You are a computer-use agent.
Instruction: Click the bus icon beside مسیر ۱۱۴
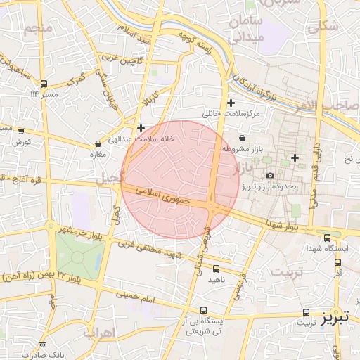[44, 83]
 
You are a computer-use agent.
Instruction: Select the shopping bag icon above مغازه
[98, 144]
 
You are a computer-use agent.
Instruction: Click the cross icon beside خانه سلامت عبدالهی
[141, 129]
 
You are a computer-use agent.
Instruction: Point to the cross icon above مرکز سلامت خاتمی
[231, 103]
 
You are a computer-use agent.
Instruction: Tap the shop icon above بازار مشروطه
[243, 139]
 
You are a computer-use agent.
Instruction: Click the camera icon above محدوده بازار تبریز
[271, 175]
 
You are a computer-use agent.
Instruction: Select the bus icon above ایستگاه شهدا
[328, 237]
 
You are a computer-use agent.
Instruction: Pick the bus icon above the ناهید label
[215, 268]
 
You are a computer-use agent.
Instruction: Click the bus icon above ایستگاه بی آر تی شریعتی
[203, 310]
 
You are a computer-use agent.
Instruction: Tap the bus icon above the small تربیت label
[306, 311]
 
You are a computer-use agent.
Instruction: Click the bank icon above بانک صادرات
[42, 345]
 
